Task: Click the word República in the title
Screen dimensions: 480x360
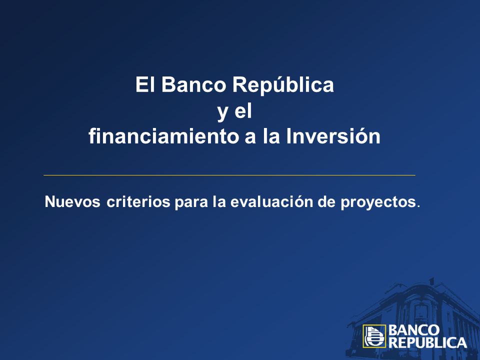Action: point(283,85)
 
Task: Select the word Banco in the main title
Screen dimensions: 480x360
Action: point(193,84)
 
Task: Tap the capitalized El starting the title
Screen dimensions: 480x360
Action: point(145,84)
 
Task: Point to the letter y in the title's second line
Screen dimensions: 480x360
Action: point(222,112)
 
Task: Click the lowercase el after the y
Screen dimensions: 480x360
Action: point(243,110)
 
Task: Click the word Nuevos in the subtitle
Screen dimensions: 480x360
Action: point(72,201)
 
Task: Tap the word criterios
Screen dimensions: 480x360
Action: point(138,201)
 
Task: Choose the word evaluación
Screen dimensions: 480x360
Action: point(271,201)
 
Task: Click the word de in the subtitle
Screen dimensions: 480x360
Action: point(326,201)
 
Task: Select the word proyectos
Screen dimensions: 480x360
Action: point(378,203)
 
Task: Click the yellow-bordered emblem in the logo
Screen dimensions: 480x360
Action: point(374,336)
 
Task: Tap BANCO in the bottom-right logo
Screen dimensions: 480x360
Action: point(413,330)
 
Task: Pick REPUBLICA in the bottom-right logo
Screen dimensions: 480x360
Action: point(427,342)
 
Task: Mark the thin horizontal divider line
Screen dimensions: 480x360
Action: point(229,175)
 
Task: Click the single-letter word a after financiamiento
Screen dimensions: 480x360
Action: point(250,138)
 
